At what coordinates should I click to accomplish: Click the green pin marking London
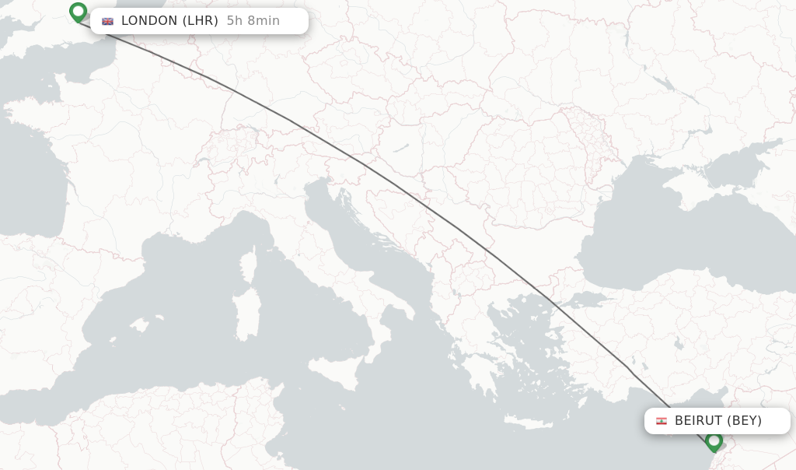point(78,12)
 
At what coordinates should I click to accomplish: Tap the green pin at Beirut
point(714,441)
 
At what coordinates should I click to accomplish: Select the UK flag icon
point(107,21)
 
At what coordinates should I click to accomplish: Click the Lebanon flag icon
point(662,421)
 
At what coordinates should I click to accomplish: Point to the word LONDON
point(149,21)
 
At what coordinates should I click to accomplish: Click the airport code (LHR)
point(201,21)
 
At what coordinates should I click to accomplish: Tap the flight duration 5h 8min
point(253,21)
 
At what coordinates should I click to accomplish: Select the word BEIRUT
point(698,421)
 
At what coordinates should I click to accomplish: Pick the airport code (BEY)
point(744,421)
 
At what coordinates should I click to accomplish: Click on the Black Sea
point(661,233)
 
